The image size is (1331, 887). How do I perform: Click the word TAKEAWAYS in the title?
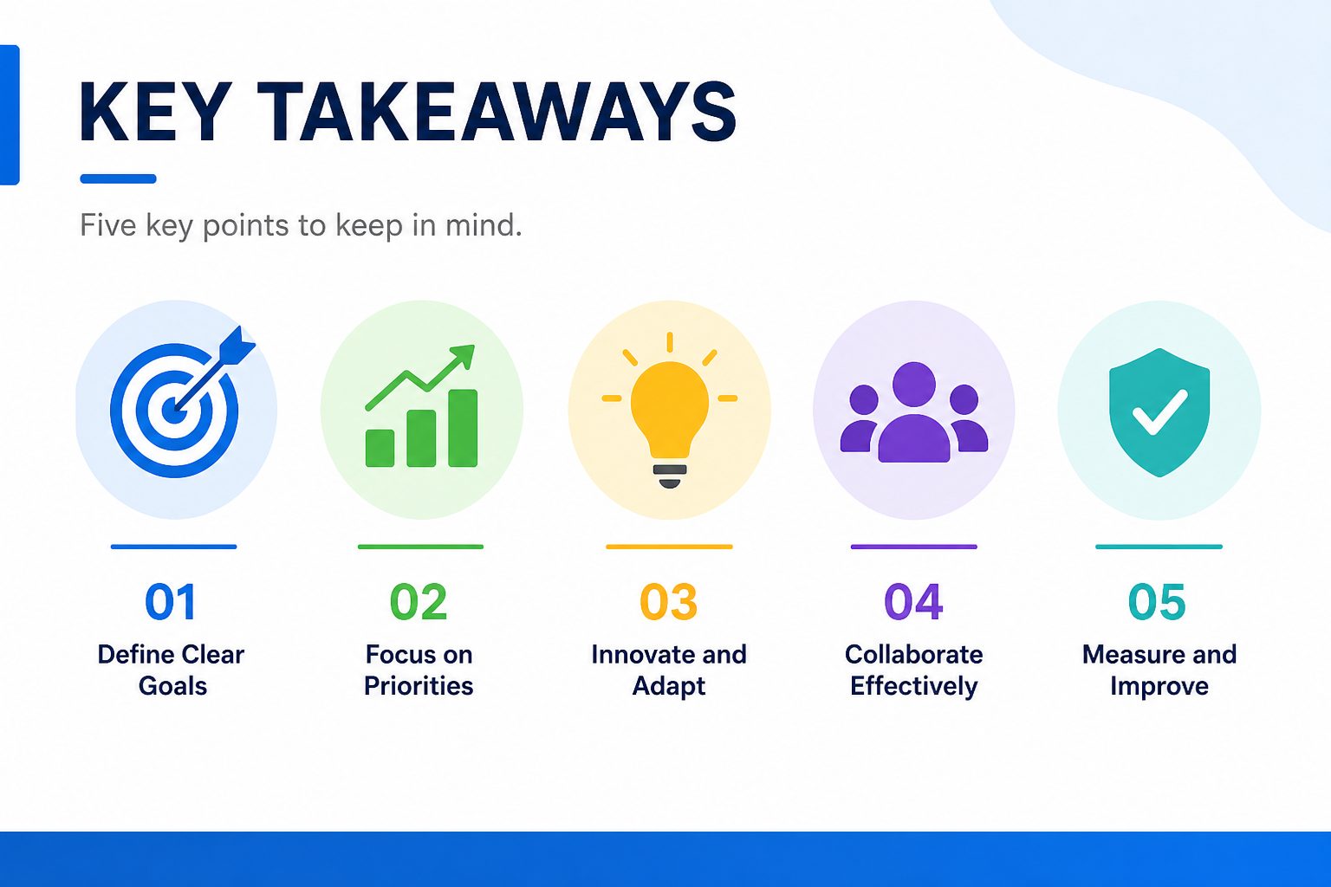[x=497, y=113]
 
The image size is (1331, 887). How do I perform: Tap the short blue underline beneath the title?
[x=118, y=178]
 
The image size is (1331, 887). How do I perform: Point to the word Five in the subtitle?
[x=108, y=225]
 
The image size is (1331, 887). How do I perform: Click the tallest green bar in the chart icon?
[x=463, y=428]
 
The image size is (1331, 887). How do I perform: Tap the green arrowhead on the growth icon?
[x=463, y=356]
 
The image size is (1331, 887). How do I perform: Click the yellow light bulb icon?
[x=670, y=410]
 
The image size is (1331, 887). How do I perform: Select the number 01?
[x=171, y=601]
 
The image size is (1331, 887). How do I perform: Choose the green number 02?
[x=419, y=601]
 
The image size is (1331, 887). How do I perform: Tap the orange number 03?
[x=668, y=601]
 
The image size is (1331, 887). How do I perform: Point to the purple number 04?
[x=913, y=601]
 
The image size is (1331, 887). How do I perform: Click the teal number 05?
[x=1157, y=601]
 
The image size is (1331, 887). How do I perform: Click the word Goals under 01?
[x=172, y=686]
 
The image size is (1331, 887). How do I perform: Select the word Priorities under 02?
[x=419, y=686]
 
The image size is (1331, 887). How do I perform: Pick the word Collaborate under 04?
[x=914, y=654]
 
